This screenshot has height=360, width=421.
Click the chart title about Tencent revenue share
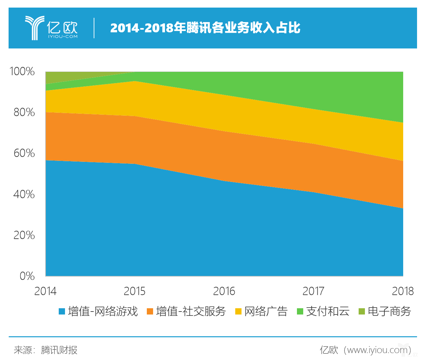point(205,28)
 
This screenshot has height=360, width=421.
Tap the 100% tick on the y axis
point(22,71)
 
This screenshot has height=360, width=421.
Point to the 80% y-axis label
point(24,112)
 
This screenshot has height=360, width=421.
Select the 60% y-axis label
point(24,153)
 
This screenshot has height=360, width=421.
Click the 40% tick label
point(24,194)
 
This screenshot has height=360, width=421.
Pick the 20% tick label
point(24,235)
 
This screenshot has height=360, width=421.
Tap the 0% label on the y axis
point(27,276)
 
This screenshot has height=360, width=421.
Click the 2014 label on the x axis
point(45,291)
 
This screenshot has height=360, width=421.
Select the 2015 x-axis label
point(135,291)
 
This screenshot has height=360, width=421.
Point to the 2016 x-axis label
point(224,291)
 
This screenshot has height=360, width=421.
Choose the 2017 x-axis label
point(313,291)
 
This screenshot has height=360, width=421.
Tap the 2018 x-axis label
point(403,291)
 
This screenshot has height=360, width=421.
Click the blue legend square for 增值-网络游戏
point(62,311)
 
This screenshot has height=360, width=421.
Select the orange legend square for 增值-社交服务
point(150,311)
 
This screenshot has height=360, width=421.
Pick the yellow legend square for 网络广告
point(238,311)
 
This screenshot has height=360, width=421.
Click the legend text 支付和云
point(328,311)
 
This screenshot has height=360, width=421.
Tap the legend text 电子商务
point(389,311)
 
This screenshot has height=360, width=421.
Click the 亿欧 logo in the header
point(51,28)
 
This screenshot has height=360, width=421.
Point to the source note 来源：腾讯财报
point(46,350)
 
